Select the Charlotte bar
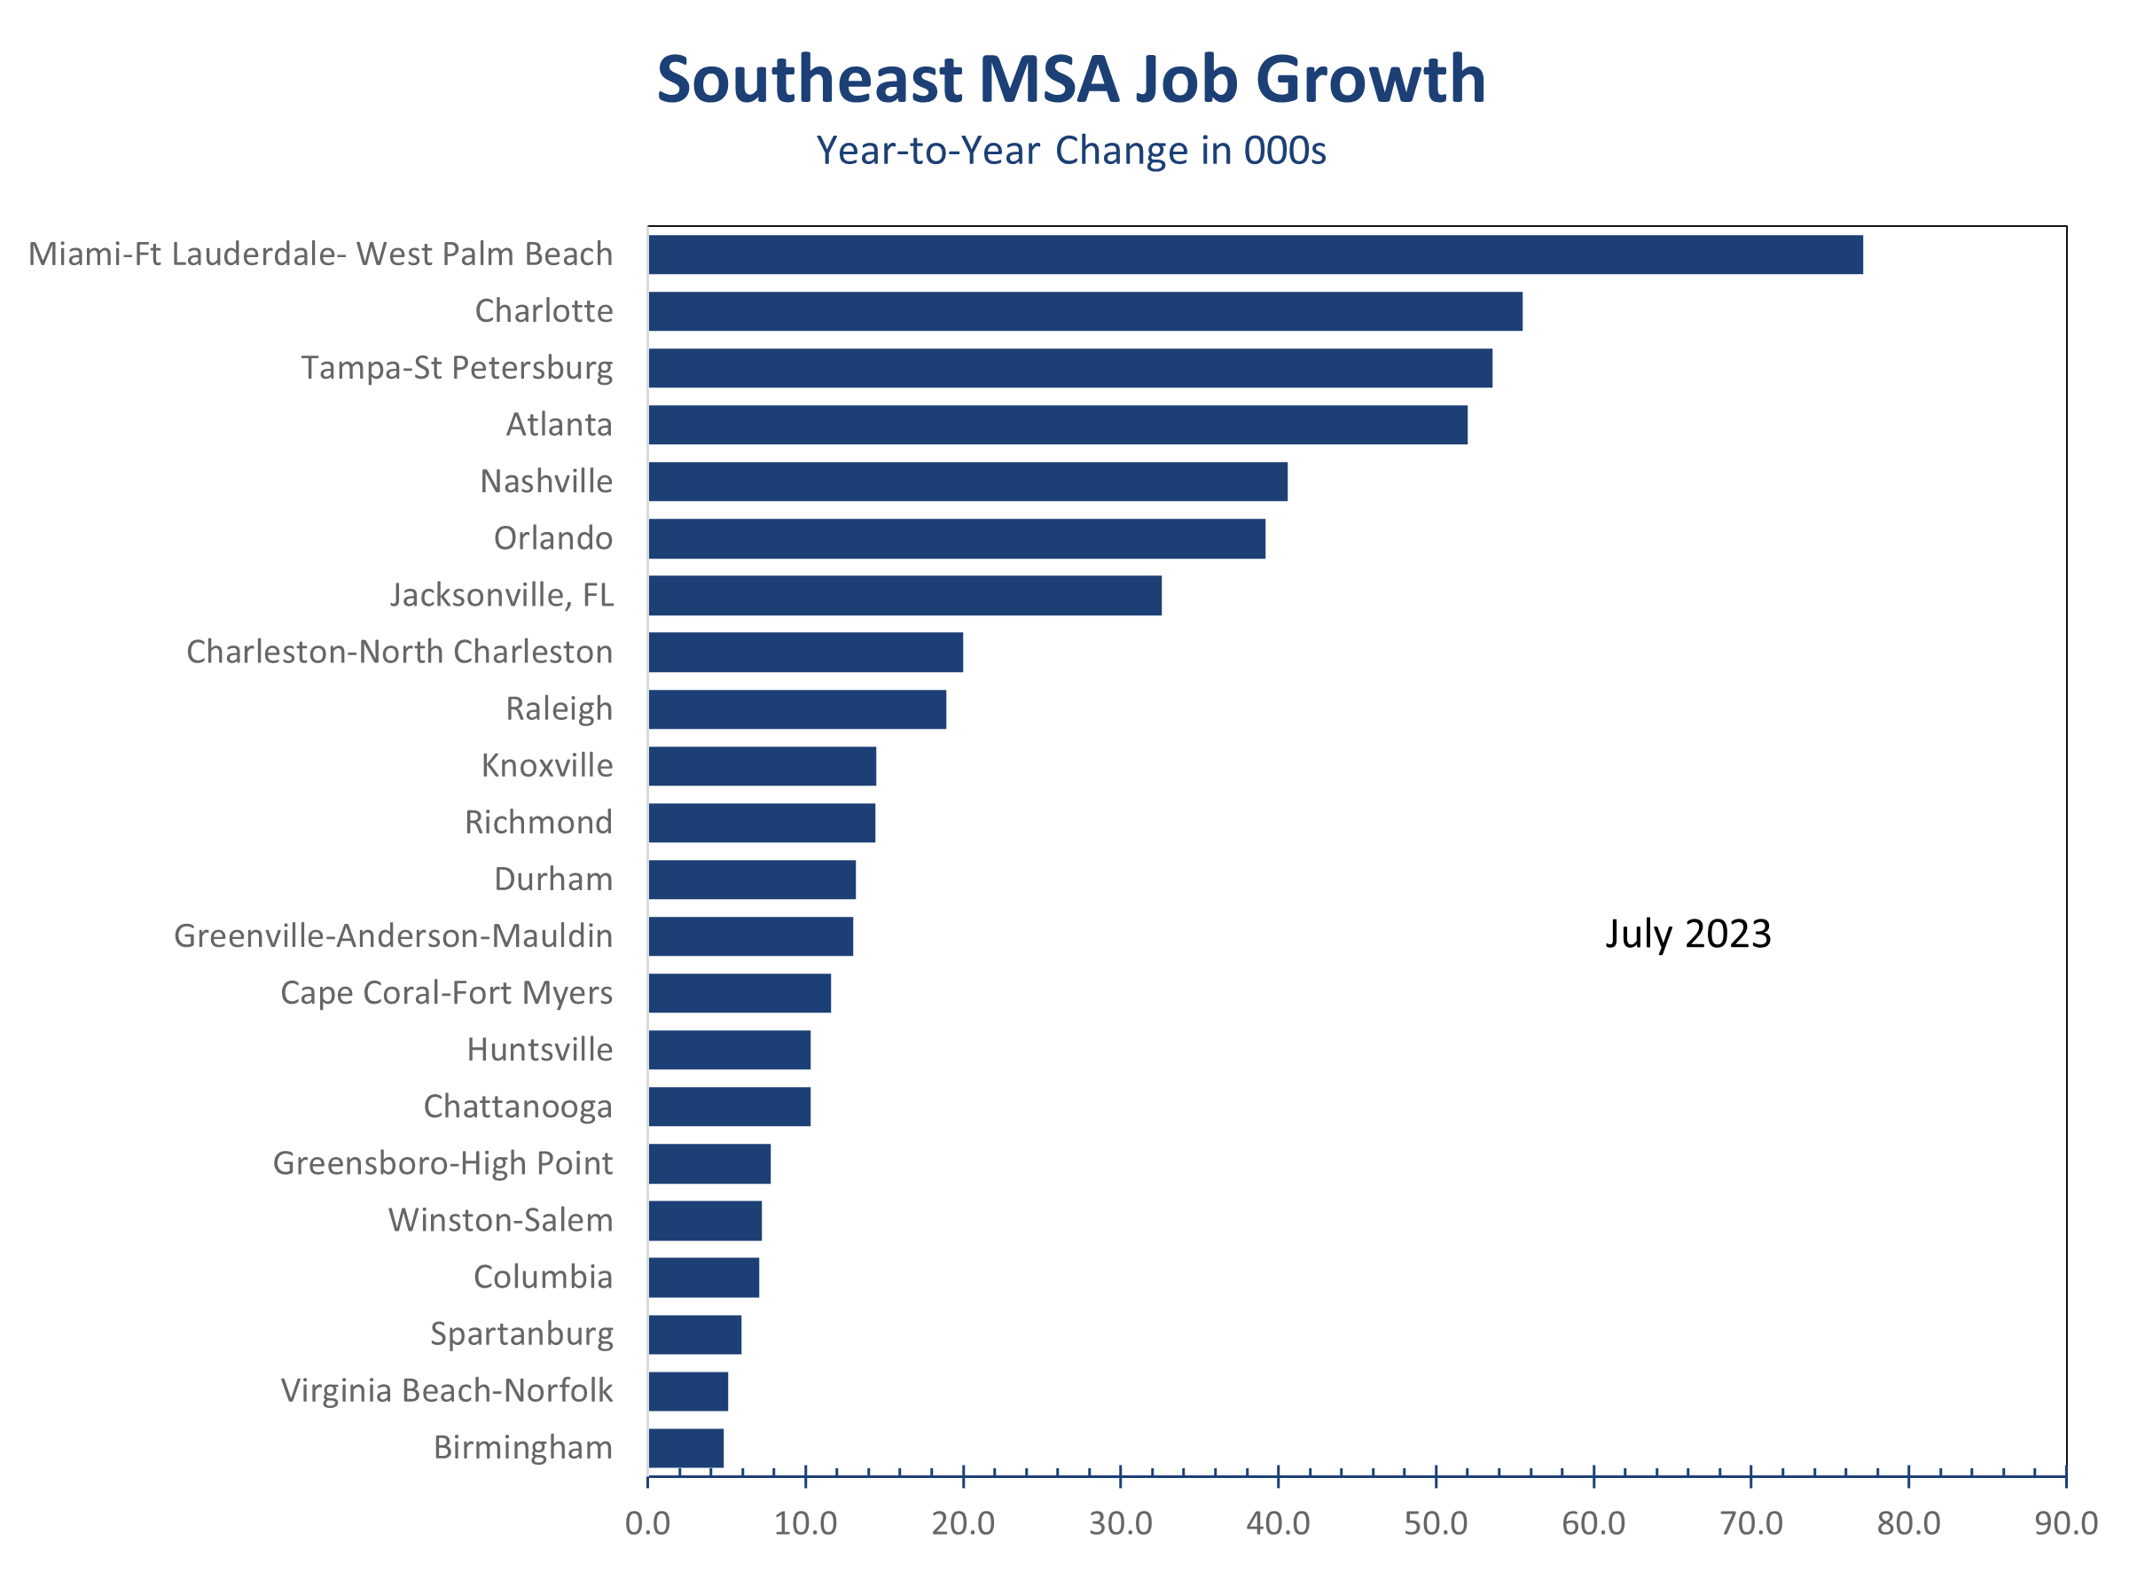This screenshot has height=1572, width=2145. (x=1084, y=311)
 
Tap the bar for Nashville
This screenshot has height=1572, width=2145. (x=967, y=481)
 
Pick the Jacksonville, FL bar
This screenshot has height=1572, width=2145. (x=905, y=596)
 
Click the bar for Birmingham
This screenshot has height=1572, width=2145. (x=686, y=1447)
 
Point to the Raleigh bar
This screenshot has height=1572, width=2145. (x=797, y=709)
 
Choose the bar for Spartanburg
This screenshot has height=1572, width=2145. (x=694, y=1334)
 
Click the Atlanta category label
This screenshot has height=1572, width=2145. (x=560, y=425)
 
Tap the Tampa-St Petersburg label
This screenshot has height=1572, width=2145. (x=457, y=367)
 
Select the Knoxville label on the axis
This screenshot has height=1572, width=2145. (x=547, y=765)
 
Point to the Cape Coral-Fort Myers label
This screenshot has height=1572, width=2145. (x=446, y=992)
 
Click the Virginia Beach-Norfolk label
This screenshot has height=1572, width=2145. (x=446, y=1390)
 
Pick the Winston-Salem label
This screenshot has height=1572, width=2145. (x=501, y=1220)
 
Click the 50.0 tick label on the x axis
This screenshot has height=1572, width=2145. (x=1436, y=1523)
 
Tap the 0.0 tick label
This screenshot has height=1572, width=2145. (x=648, y=1523)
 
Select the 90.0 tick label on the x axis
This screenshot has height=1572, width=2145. (x=2066, y=1523)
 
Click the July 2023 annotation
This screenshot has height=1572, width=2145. (x=1688, y=934)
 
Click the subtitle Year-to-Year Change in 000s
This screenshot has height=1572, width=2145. (x=1071, y=151)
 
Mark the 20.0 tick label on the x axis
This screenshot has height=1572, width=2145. (x=963, y=1523)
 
